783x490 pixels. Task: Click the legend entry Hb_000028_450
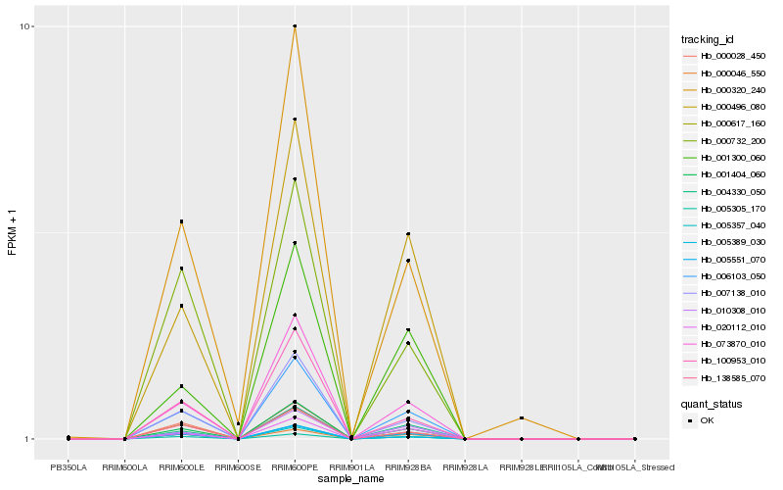[x=725, y=56]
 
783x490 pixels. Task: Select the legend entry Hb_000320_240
[x=725, y=89]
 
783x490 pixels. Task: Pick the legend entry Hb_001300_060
[x=725, y=158]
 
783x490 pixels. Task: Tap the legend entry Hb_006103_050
[x=725, y=276]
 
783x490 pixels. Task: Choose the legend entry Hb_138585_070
[x=725, y=377]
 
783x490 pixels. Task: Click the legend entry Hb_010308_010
[x=725, y=310]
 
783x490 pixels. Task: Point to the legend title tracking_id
[x=708, y=39]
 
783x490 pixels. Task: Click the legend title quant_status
[x=712, y=403]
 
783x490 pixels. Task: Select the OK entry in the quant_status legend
[x=707, y=419]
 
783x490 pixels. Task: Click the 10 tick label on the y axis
[x=27, y=26]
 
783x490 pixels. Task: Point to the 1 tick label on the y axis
[x=30, y=439]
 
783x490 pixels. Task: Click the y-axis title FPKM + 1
[x=12, y=233]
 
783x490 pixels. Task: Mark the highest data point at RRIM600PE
[x=295, y=26]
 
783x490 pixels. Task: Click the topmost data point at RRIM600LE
[x=181, y=221]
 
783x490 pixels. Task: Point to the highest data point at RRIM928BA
[x=408, y=234]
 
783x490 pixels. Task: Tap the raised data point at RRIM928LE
[x=522, y=418]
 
